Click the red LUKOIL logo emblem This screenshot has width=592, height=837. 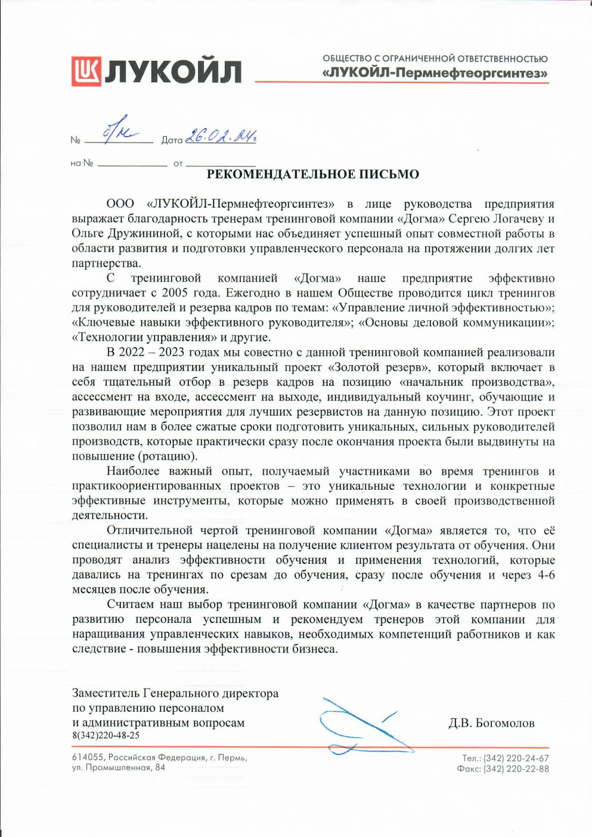point(86,71)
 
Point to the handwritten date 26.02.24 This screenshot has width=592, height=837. point(220,137)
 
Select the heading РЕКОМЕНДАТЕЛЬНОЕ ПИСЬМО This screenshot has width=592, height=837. point(312,175)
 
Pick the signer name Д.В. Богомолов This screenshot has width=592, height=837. point(491,723)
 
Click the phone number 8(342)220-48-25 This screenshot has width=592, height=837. point(106,736)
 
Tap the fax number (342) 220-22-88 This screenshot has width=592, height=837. point(516,769)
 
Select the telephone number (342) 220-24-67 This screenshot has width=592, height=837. point(516,758)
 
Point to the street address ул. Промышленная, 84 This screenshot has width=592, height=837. point(119,768)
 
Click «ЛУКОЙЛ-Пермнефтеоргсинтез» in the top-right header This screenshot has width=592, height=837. point(435,74)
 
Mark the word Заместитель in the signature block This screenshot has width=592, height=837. point(106,693)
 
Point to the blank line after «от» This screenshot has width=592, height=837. point(221,163)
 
